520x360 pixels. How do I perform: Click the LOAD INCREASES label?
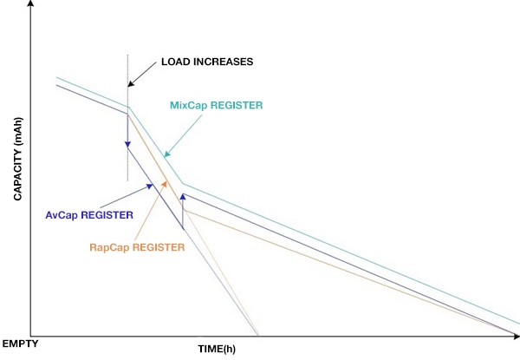tap(207, 62)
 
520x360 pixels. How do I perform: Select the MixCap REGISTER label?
tap(216, 106)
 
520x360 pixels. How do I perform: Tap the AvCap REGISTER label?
tap(89, 215)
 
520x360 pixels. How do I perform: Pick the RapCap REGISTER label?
tap(137, 247)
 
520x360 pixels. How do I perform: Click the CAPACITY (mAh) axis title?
tap(17, 159)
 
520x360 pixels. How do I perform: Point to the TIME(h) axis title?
tap(217, 349)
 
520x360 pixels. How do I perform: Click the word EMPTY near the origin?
tap(20, 344)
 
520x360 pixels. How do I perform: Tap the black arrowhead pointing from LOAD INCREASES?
tap(131, 83)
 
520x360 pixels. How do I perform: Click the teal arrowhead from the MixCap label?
tap(167, 154)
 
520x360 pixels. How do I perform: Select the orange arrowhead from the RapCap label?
tap(164, 184)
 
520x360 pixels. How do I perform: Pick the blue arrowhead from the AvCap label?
tap(150, 187)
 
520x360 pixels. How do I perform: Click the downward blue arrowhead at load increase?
tap(127, 145)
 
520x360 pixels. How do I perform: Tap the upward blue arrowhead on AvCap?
tap(183, 197)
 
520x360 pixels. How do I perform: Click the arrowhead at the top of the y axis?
tap(30, 3)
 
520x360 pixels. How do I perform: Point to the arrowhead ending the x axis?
tap(517, 337)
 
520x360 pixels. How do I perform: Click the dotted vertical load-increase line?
tap(127, 118)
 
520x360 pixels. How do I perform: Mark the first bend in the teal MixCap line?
tap(129, 107)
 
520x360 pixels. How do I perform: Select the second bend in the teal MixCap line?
tap(183, 184)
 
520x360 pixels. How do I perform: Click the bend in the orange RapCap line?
tap(185, 210)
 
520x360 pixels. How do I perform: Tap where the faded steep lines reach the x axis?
tap(257, 335)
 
